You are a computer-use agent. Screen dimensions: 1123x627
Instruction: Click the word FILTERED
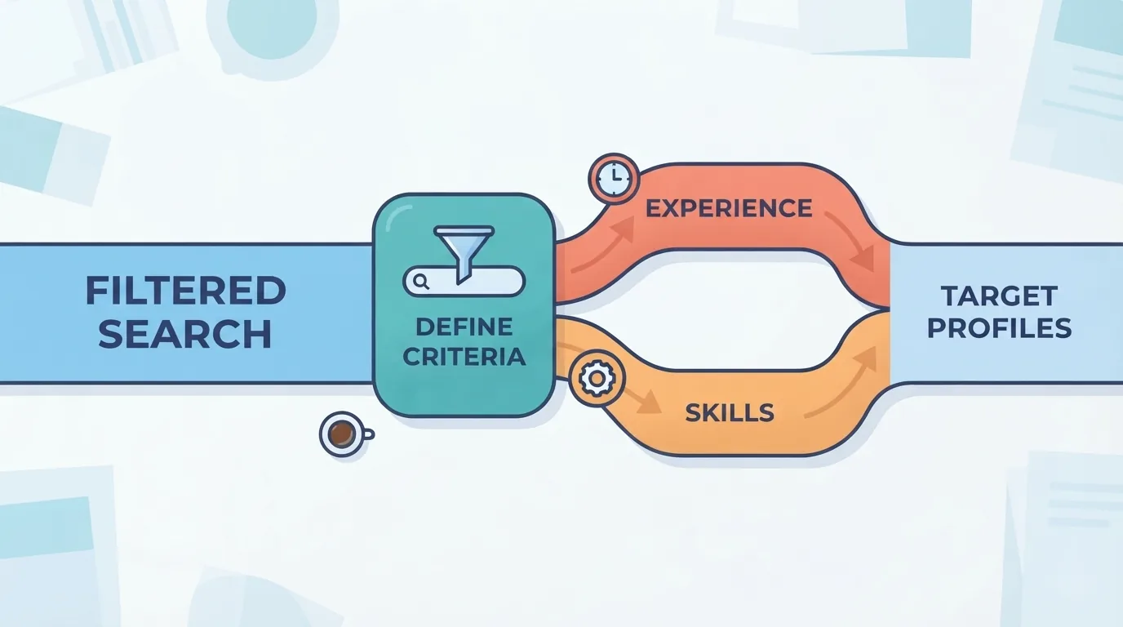[x=186, y=291]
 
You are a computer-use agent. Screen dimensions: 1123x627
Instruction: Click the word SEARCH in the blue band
[x=185, y=333]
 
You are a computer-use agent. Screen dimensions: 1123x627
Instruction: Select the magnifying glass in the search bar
[x=422, y=282]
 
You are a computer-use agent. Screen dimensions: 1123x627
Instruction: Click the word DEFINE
[x=464, y=327]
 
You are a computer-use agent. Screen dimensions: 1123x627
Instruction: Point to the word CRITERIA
[x=464, y=357]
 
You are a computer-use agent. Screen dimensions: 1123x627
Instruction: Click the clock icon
[x=614, y=178]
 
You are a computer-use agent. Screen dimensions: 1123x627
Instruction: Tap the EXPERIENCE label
[x=729, y=208]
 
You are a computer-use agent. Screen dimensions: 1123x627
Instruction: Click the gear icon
[x=597, y=379]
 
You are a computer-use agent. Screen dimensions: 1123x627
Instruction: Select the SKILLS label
[x=730, y=413]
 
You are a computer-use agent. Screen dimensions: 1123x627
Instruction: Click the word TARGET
[x=999, y=296]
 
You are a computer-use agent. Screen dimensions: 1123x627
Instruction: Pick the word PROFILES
[x=999, y=328]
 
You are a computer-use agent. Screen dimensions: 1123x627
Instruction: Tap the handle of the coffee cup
[x=369, y=434]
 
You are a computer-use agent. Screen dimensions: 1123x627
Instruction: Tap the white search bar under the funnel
[x=464, y=282]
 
